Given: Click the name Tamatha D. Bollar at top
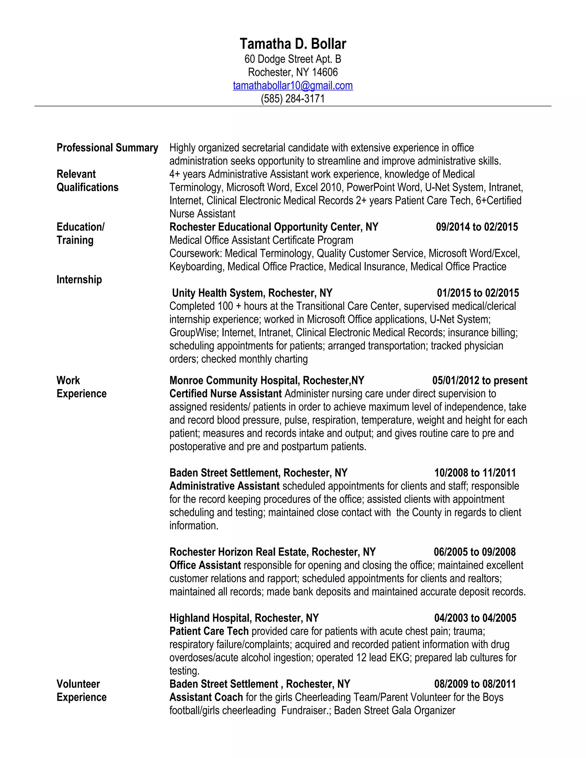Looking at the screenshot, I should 293,44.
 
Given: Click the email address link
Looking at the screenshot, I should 293,85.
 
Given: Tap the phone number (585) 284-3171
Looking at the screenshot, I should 293,99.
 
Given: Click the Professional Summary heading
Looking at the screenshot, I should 107,148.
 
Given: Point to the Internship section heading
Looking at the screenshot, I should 79,280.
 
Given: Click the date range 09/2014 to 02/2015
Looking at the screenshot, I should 477,227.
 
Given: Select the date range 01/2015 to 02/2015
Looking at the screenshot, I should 478,293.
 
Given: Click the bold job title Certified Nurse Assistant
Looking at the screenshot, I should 225,394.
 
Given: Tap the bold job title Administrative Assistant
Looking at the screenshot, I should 224,486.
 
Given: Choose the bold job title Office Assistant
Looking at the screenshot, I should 205,565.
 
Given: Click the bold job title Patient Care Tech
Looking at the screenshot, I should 209,631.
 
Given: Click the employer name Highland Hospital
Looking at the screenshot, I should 209,618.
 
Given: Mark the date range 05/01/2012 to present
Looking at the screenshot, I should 480,380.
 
